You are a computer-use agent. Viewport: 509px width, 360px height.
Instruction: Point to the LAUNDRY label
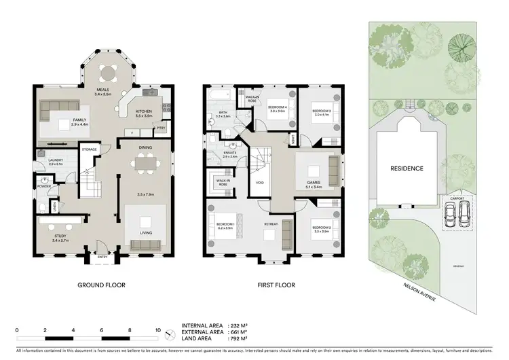[56, 160]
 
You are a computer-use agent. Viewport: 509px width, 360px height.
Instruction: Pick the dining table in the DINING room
[144, 164]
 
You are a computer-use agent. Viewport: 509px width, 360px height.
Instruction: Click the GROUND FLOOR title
[101, 285]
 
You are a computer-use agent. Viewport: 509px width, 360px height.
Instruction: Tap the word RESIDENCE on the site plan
[407, 168]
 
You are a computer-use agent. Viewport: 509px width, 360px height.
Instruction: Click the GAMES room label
[313, 182]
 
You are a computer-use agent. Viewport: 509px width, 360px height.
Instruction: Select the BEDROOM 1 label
[225, 224]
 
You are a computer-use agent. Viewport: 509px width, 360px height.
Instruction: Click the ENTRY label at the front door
[102, 257]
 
